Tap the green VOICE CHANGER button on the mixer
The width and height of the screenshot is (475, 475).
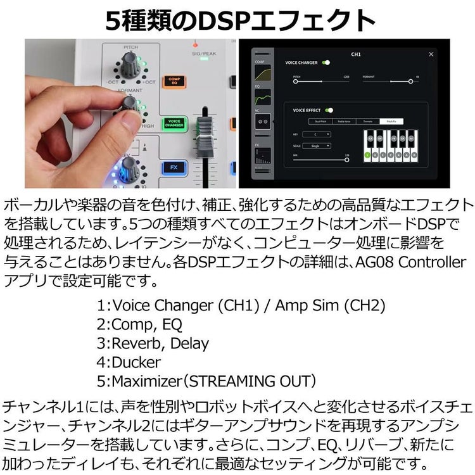pos(174,123)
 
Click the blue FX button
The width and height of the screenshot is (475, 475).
pos(174,167)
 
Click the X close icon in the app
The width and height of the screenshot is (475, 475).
pos(431,54)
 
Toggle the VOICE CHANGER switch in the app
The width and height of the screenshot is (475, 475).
pos(326,63)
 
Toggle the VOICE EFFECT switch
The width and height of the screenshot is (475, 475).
pos(329,110)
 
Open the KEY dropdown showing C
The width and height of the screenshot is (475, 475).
pos(319,134)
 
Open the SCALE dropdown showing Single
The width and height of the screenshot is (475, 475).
pos(320,146)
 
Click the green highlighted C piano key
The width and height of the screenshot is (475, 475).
pos(367,154)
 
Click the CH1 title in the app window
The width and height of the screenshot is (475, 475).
pos(355,54)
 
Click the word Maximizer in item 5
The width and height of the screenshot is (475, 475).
pos(142,381)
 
